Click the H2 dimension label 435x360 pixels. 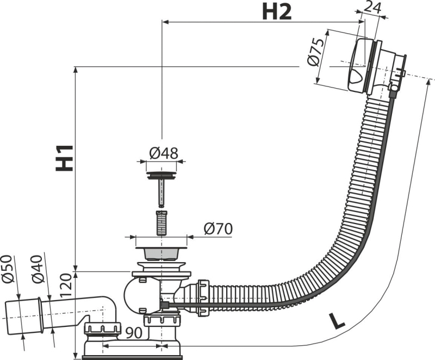tap(277, 12)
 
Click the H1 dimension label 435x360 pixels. tap(64, 158)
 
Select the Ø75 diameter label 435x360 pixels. tap(316, 53)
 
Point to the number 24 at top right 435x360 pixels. tap(372, 8)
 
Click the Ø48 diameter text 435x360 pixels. tap(164, 153)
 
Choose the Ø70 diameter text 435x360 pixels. tap(218, 229)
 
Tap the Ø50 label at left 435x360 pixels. tap(8, 269)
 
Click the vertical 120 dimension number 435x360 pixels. tap(66, 285)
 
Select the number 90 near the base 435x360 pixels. tap(134, 333)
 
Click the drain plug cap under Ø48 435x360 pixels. tap(161, 176)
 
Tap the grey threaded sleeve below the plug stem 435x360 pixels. tap(161, 223)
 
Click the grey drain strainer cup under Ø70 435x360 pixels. tap(161, 252)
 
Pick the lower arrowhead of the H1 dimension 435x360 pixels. tap(76, 268)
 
